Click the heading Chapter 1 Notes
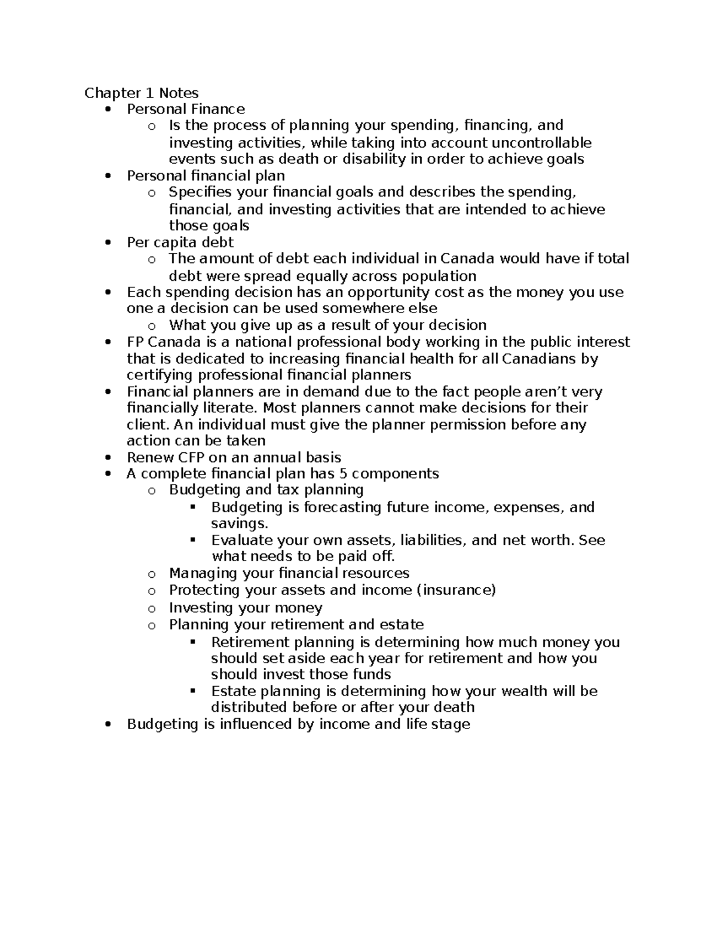click(141, 93)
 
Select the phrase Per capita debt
click(180, 242)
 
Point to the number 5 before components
click(347, 474)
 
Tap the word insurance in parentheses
click(455, 590)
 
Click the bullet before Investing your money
click(152, 609)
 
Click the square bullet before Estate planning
click(192, 691)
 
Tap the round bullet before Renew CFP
click(108, 458)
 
